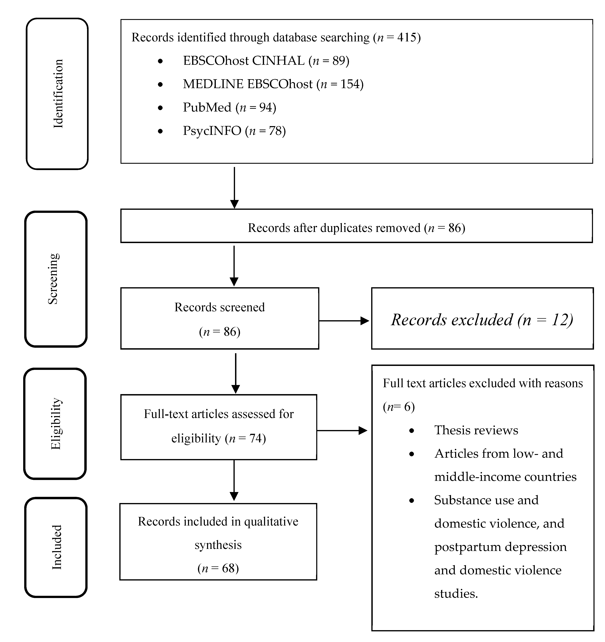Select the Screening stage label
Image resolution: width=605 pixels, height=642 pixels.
[53, 279]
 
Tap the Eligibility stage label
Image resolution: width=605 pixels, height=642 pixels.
[55, 424]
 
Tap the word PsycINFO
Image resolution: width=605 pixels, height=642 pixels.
[212, 131]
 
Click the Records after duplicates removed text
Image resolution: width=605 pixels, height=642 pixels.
[356, 228]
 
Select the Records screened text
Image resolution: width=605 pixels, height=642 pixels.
[219, 307]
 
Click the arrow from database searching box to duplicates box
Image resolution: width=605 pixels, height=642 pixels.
[234, 187]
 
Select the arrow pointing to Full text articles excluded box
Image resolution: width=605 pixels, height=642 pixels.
[342, 431]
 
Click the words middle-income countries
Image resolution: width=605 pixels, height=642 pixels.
[505, 477]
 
